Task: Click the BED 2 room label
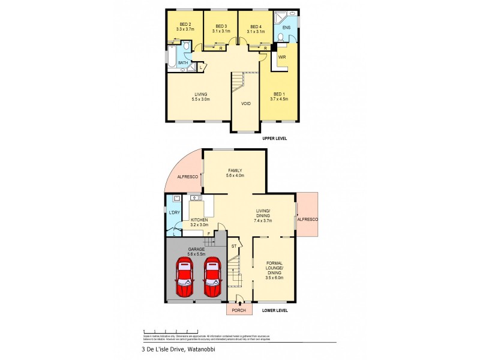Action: (x=185, y=26)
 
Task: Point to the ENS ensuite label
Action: (x=286, y=27)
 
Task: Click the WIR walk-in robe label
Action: (x=282, y=56)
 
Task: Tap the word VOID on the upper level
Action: (x=246, y=103)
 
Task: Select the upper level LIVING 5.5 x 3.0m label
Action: (x=200, y=96)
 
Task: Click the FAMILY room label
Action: (x=234, y=172)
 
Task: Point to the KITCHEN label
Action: (x=199, y=222)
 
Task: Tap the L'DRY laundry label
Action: (x=174, y=212)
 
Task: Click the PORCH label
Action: (x=239, y=310)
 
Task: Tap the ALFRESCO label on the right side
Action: (x=307, y=220)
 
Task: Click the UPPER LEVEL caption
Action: (x=275, y=139)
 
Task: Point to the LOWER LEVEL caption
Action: (x=275, y=310)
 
